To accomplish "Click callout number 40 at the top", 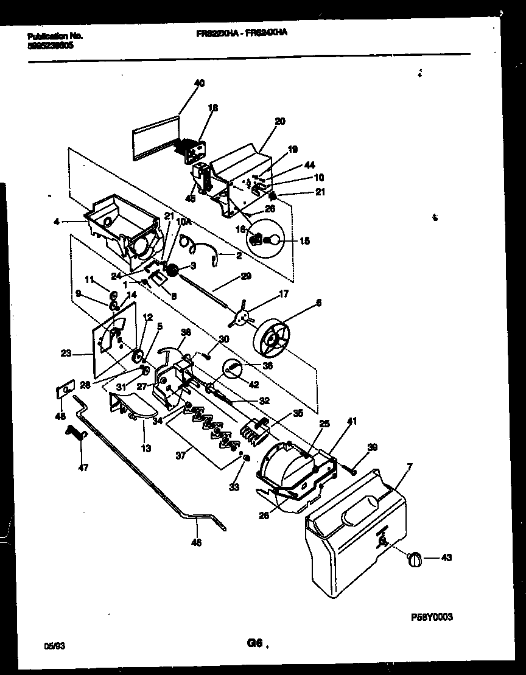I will [x=199, y=83].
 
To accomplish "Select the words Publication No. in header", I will [x=55, y=36].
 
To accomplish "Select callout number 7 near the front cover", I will [x=409, y=466].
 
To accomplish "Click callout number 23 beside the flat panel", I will [x=66, y=352].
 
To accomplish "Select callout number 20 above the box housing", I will [x=279, y=121].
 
